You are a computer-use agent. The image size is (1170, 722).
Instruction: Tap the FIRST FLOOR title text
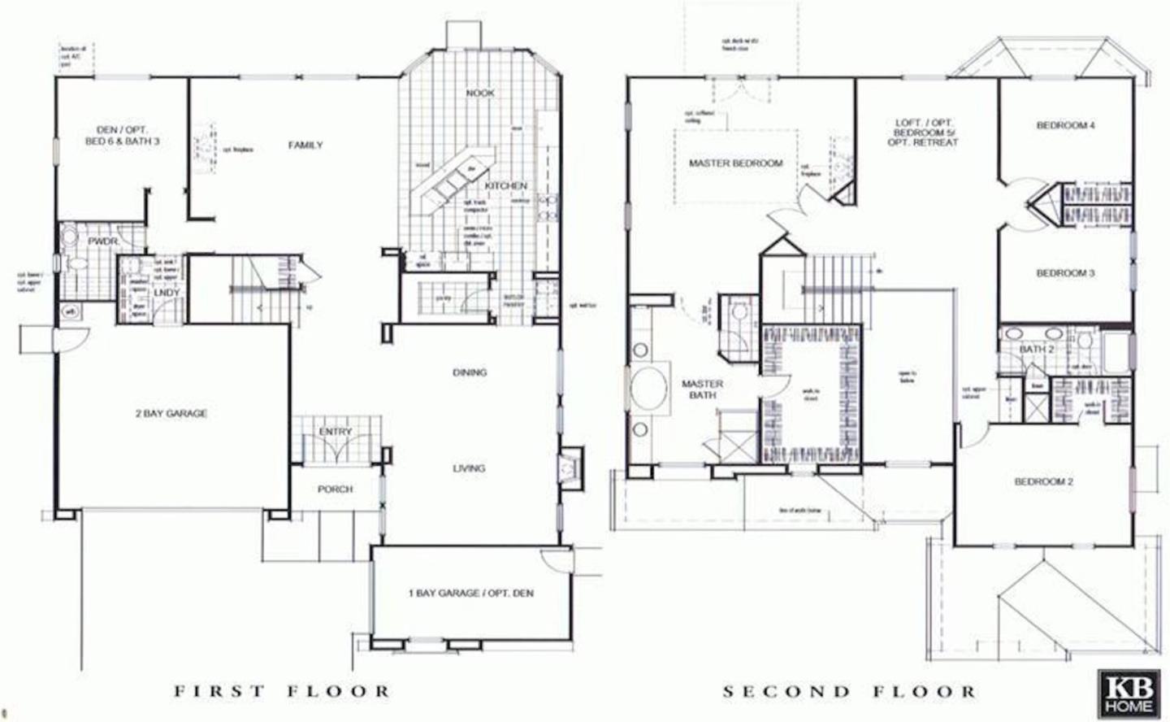[x=282, y=691]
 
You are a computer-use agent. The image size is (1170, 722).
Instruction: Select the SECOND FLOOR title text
[x=849, y=691]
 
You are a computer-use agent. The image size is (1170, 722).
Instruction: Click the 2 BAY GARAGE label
[x=171, y=413]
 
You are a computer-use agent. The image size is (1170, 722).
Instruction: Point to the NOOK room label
[x=480, y=93]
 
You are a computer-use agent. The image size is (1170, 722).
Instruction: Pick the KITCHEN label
[x=506, y=186]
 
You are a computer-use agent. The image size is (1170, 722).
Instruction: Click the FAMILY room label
[x=305, y=145]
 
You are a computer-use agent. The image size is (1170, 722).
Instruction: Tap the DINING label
[x=470, y=372]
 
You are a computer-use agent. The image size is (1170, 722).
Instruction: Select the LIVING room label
[x=469, y=468]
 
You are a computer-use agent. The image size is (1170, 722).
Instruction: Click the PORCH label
[x=335, y=489]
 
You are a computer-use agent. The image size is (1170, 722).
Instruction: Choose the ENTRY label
[x=336, y=432]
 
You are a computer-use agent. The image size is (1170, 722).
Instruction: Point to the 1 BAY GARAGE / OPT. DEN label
[x=471, y=594]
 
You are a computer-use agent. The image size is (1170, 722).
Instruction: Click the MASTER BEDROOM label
[x=735, y=163]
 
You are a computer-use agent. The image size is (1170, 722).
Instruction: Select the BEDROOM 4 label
[x=1066, y=125]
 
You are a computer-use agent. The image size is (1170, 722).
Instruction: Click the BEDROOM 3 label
[x=1065, y=273]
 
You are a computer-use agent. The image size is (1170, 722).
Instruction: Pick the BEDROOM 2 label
[x=1044, y=482]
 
